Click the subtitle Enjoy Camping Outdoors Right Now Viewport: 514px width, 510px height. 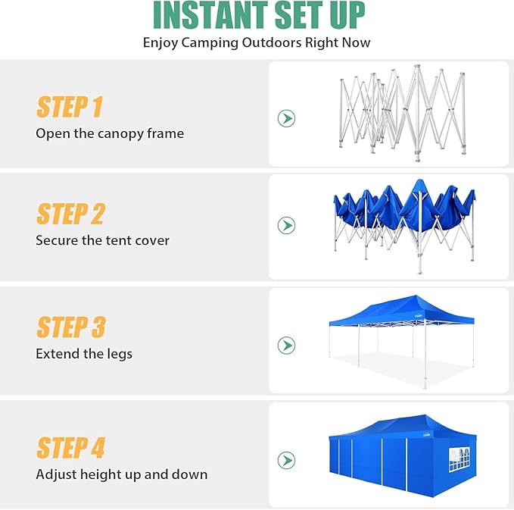(x=257, y=42)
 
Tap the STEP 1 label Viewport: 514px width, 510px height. (x=69, y=108)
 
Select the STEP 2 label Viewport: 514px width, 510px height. (x=70, y=214)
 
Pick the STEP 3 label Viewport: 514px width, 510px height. (x=70, y=327)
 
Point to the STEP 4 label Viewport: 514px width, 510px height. (x=70, y=448)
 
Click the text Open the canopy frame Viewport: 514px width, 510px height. (x=110, y=133)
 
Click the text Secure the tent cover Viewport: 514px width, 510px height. (x=102, y=240)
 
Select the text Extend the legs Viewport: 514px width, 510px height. (x=84, y=353)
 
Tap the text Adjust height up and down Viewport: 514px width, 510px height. (x=121, y=474)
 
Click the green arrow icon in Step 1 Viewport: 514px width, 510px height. (x=286, y=118)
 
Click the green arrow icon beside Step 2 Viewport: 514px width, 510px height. (x=286, y=225)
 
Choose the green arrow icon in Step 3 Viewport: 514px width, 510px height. (x=286, y=346)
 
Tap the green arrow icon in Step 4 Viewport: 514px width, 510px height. (x=286, y=460)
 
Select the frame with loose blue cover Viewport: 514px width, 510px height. (x=404, y=220)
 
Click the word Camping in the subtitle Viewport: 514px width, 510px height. (x=210, y=42)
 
